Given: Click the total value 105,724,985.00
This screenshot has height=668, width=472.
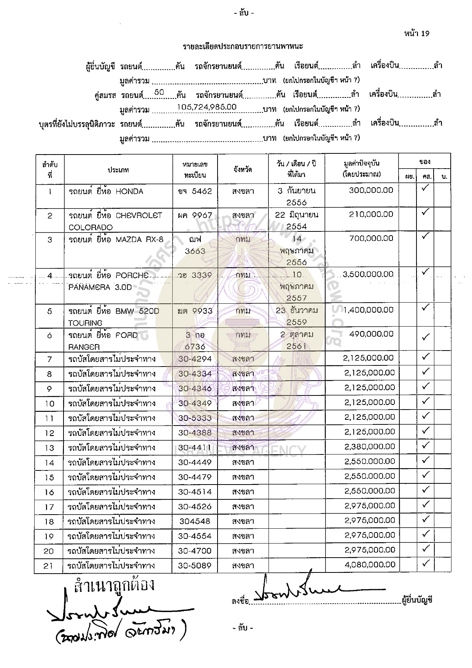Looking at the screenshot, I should pyautogui.click(x=207, y=107).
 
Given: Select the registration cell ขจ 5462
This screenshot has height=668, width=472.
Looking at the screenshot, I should pyautogui.click(x=195, y=191).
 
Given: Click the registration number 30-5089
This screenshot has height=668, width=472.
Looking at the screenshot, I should pyautogui.click(x=195, y=566).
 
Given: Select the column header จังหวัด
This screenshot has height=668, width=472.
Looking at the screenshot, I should pyautogui.click(x=243, y=170).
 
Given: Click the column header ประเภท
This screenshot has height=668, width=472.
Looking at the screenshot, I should pyautogui.click(x=118, y=170).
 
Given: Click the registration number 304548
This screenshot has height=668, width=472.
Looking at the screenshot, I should pyautogui.click(x=195, y=521).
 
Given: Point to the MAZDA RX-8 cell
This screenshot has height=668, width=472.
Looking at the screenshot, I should pyautogui.click(x=116, y=239).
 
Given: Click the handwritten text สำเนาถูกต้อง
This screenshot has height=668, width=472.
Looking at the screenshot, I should pyautogui.click(x=114, y=585).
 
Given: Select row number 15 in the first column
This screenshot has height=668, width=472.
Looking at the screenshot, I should pyautogui.click(x=49, y=478).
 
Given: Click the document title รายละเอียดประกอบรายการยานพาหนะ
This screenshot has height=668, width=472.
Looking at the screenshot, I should pyautogui.click(x=243, y=47).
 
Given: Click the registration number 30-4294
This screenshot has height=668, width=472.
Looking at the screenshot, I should pyautogui.click(x=195, y=359).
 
